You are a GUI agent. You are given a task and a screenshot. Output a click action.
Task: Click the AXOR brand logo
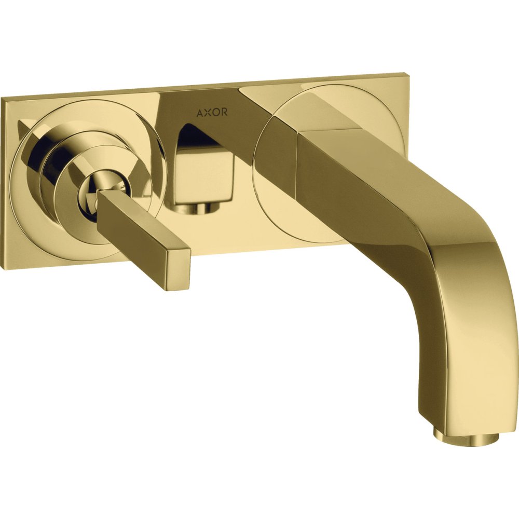pos(212,113)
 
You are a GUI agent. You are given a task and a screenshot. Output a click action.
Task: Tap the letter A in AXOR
pos(200,113)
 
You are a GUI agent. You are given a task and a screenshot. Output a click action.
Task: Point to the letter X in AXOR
pos(208,113)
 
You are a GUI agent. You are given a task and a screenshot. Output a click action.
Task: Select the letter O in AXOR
pos(215,113)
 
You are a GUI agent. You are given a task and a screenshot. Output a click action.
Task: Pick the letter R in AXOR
pos(224,113)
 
